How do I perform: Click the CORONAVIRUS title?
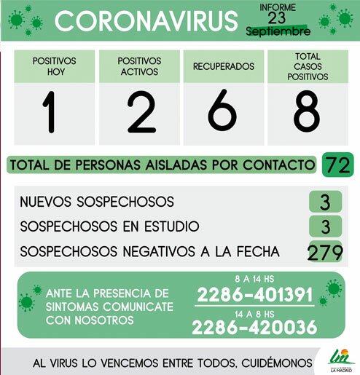coord(146,21)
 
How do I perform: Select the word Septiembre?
coord(278,32)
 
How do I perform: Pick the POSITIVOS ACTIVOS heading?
coord(138,66)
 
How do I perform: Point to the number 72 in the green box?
coord(338,165)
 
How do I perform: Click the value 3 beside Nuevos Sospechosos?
coord(325,202)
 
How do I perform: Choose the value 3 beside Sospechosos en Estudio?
coord(325,226)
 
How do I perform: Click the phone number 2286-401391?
coord(255,296)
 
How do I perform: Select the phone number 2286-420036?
coord(255,328)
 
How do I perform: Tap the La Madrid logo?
coord(338,359)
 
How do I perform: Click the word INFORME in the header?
coord(278,7)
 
